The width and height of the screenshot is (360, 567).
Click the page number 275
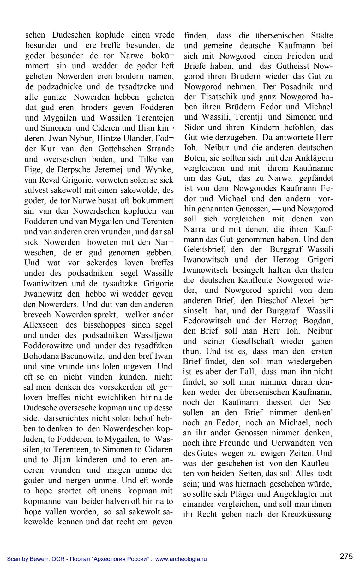pos(346,556)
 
